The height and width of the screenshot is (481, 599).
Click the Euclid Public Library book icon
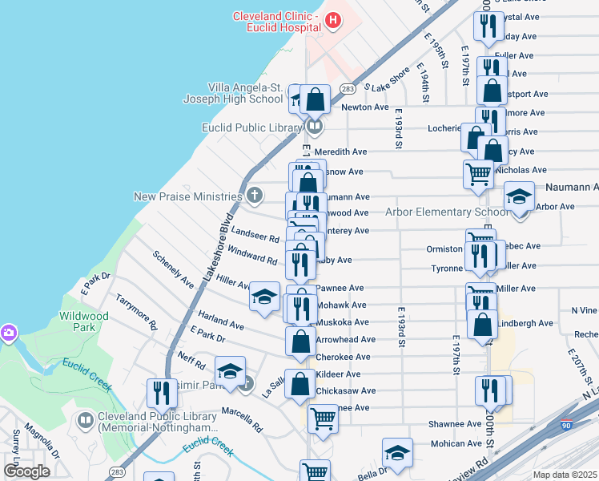click(315, 127)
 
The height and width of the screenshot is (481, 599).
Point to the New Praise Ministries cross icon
click(255, 195)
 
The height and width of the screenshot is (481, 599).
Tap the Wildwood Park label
click(83, 322)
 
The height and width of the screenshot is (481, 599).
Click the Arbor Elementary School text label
click(446, 212)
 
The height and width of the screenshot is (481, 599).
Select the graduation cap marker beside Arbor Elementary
click(519, 197)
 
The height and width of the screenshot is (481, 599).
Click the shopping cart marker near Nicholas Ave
click(478, 173)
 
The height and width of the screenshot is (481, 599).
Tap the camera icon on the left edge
click(7, 332)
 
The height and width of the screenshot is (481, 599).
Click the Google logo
click(27, 471)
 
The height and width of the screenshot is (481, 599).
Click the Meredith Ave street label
click(340, 152)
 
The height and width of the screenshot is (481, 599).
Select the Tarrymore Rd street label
click(136, 309)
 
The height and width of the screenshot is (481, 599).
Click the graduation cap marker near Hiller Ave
click(264, 297)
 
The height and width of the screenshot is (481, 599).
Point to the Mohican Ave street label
click(457, 443)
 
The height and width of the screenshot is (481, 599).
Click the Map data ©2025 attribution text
click(565, 475)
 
